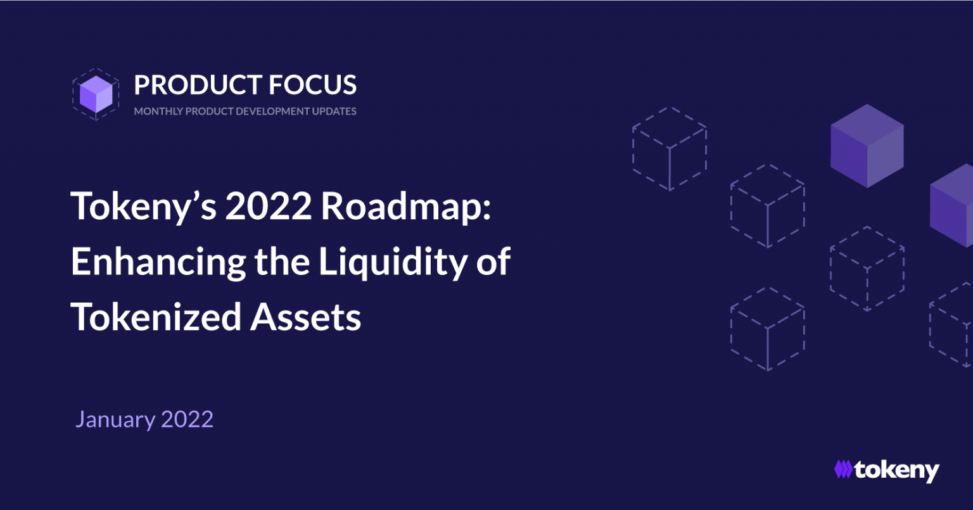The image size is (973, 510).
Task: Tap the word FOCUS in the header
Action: (x=313, y=84)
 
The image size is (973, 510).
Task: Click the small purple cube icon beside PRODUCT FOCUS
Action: (x=96, y=94)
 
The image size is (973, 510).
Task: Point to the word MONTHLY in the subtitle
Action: (x=158, y=112)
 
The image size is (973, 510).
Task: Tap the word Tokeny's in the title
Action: (x=143, y=207)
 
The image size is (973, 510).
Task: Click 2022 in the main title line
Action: (x=269, y=206)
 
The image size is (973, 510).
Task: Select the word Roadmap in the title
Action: (x=406, y=207)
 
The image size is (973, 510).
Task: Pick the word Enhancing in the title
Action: (x=158, y=262)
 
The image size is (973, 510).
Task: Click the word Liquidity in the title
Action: (x=393, y=262)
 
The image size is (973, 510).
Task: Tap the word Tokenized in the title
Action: (x=155, y=317)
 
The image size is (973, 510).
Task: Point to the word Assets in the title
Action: (x=306, y=317)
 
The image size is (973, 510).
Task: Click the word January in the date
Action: (x=115, y=420)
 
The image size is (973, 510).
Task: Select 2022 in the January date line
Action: (x=188, y=419)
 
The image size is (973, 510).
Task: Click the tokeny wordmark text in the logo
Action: (x=896, y=471)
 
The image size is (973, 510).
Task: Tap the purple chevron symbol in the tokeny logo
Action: (x=844, y=469)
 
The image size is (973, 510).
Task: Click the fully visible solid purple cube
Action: (x=867, y=146)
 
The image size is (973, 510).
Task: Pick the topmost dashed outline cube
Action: (x=670, y=149)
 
